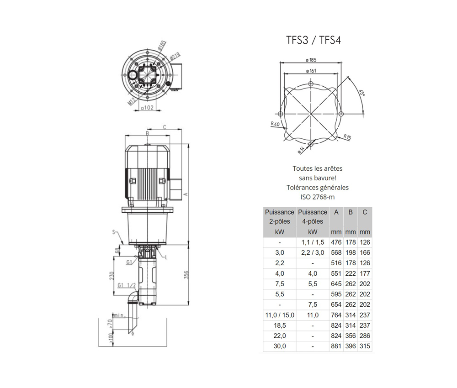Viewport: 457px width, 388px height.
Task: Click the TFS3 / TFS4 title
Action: tap(314, 40)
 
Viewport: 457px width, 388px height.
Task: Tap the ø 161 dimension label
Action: tap(311, 71)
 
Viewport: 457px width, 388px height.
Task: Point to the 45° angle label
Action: tap(361, 93)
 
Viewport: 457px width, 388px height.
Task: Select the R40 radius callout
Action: tap(275, 124)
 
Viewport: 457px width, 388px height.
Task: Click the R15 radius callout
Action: tap(347, 137)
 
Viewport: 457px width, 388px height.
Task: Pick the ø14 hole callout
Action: tap(301, 150)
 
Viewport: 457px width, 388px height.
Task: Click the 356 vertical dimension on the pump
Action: tap(186, 275)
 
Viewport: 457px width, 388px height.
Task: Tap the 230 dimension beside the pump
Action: tap(112, 276)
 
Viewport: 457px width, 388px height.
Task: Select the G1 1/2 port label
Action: tap(127, 285)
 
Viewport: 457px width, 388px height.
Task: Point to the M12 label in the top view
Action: tap(132, 101)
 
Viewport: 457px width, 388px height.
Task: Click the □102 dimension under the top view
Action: tap(147, 108)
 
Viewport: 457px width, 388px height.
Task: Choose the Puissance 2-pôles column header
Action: tap(280, 222)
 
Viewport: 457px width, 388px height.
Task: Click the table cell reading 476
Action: tap(336, 242)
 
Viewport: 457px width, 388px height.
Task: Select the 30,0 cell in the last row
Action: tap(280, 346)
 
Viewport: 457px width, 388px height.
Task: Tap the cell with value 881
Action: tap(336, 346)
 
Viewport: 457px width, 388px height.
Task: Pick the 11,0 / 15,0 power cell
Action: tap(280, 315)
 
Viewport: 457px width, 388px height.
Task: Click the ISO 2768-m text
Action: tap(318, 197)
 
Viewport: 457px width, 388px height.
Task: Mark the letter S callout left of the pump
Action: tap(114, 232)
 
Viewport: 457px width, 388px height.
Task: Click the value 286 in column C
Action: tap(365, 336)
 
